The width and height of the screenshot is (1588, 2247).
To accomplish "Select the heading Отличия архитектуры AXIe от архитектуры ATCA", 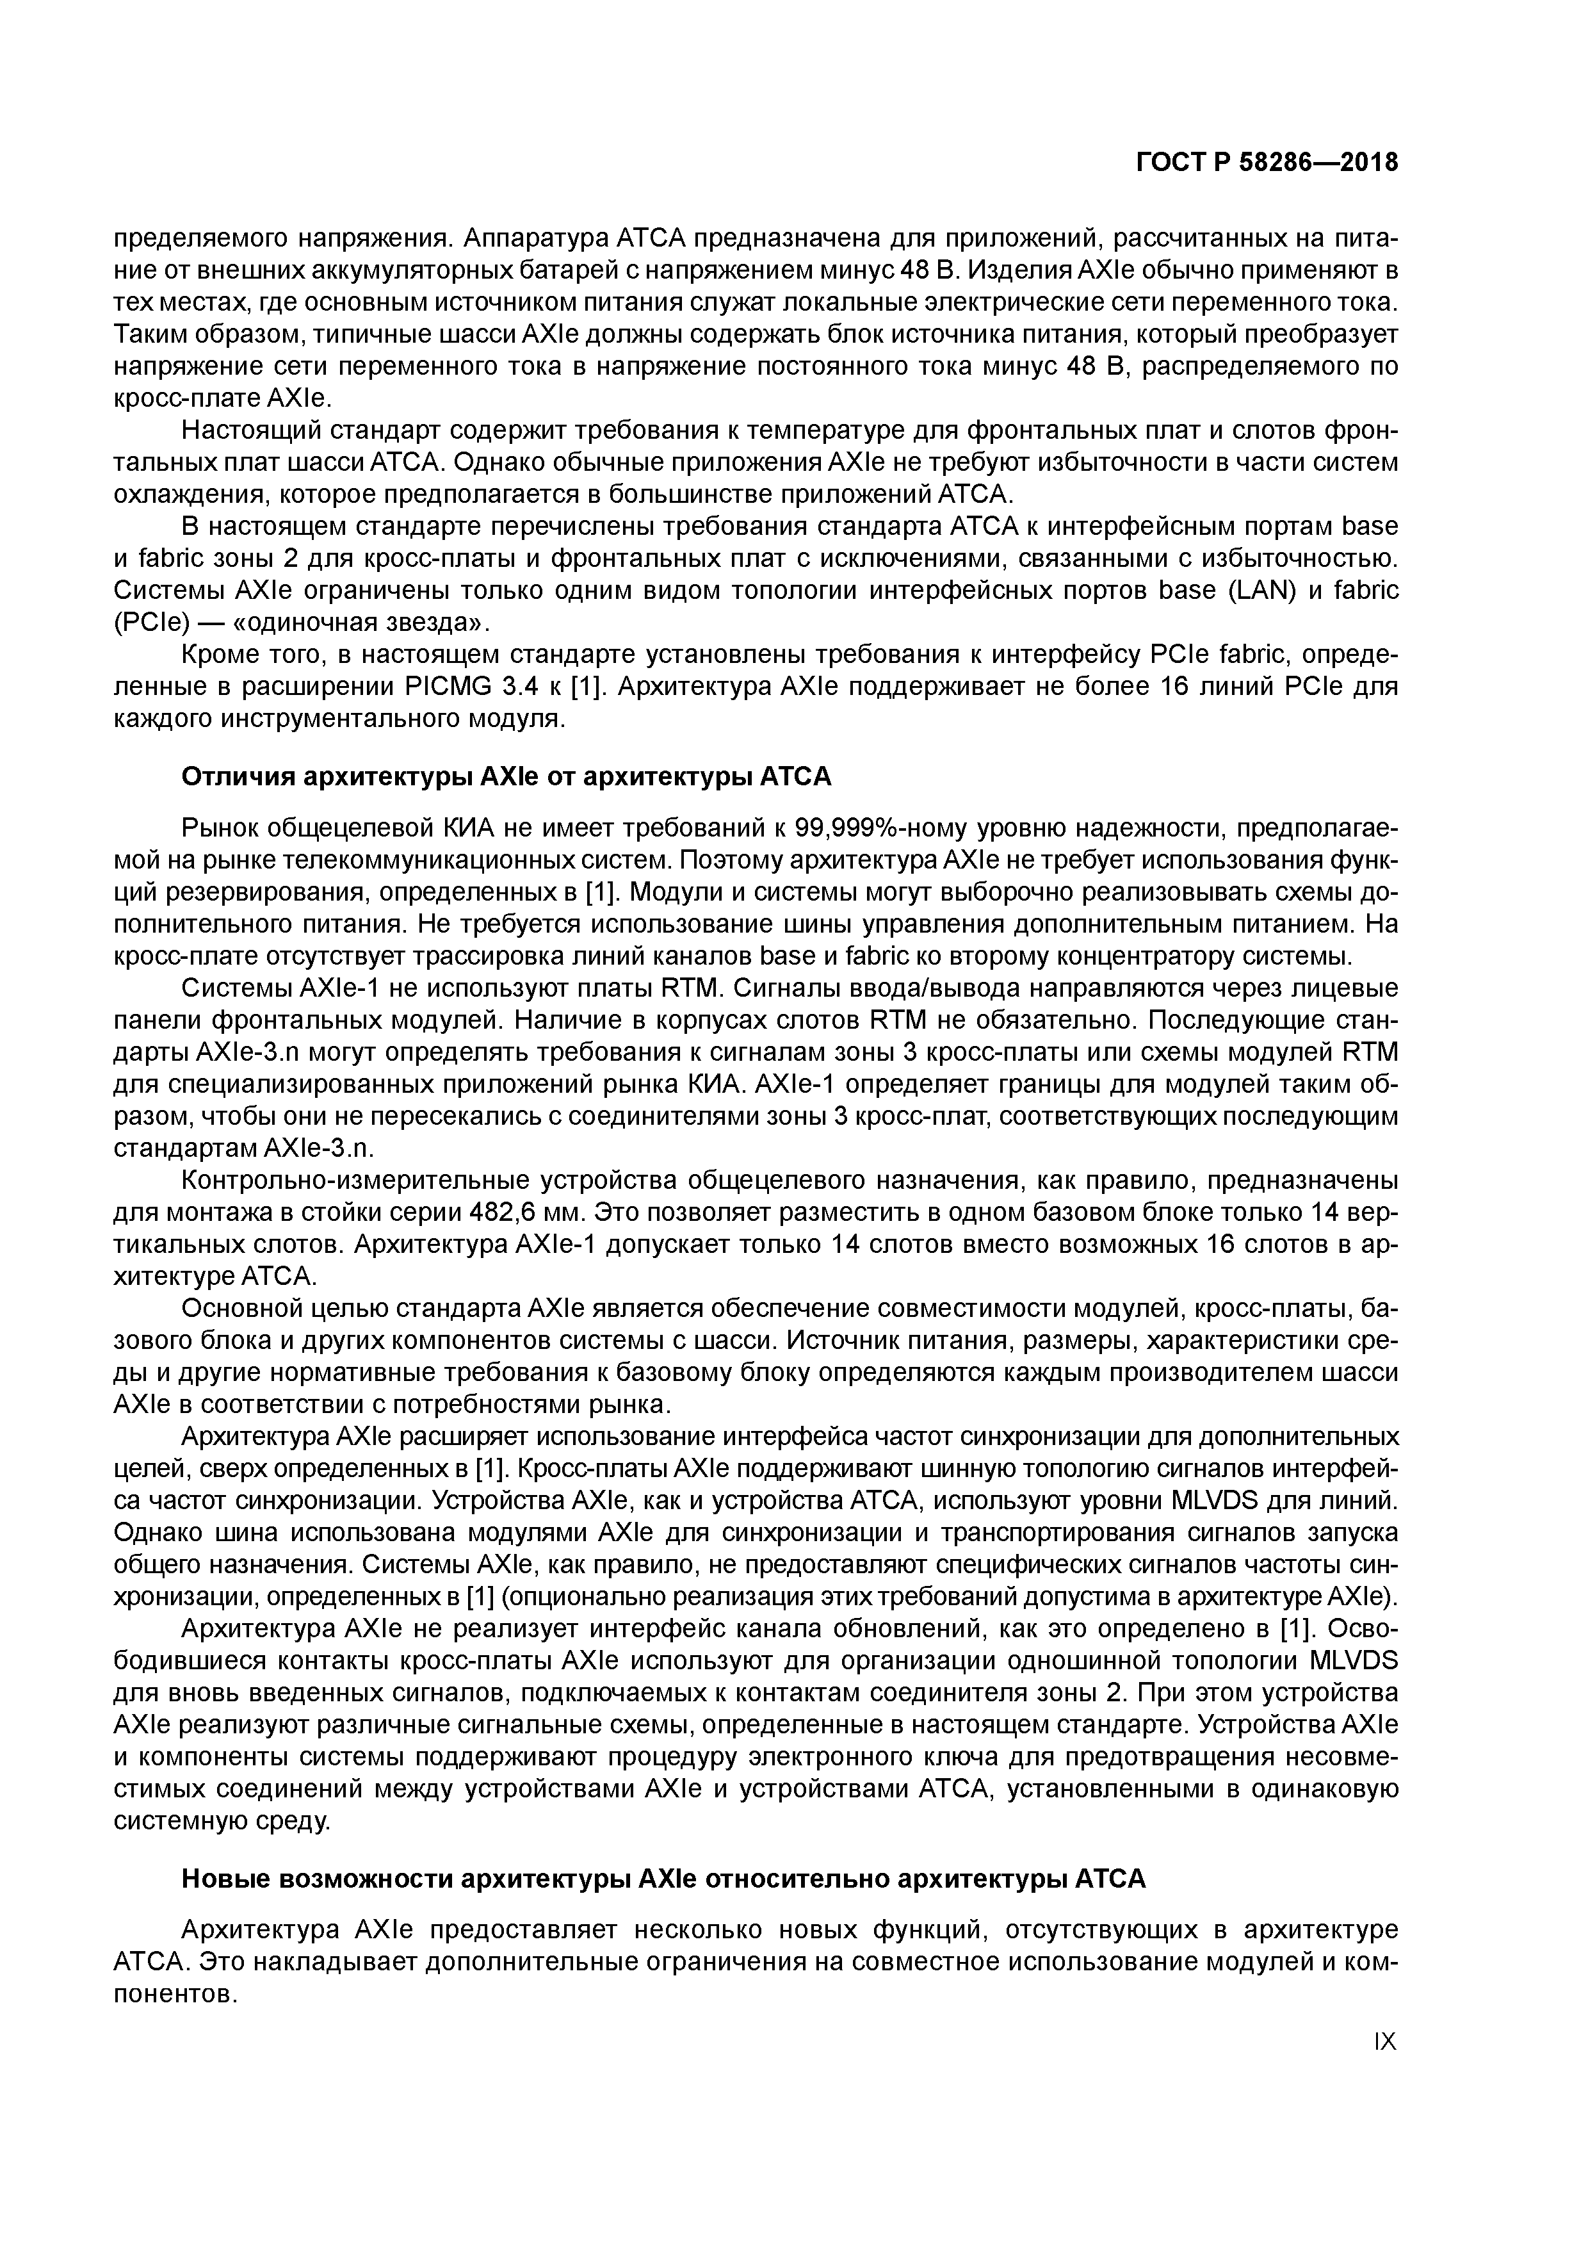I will (x=506, y=777).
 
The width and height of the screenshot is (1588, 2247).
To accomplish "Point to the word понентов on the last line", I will (x=176, y=1995).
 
